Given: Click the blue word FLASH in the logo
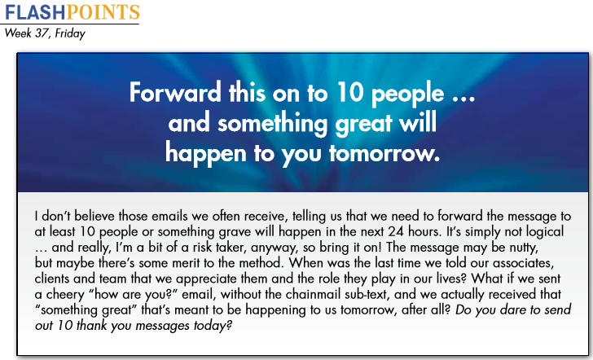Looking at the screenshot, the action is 36,12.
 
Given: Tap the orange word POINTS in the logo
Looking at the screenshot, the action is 103,12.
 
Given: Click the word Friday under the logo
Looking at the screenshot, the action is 70,33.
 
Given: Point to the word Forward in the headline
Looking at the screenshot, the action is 175,93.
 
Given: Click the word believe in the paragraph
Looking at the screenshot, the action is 95,216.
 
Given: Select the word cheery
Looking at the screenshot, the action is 60,295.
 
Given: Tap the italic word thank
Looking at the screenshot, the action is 92,326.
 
